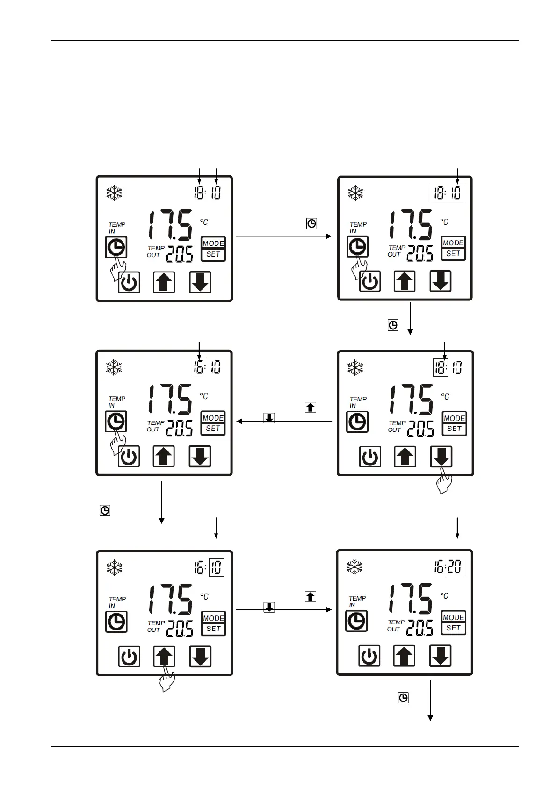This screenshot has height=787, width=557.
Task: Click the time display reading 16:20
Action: coord(449,567)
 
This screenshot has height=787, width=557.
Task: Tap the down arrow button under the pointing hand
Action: coord(441,457)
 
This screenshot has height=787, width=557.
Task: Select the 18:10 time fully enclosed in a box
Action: coord(447,193)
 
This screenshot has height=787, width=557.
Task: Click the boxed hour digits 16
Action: coord(199,367)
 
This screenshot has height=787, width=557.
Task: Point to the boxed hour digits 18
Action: coord(441,367)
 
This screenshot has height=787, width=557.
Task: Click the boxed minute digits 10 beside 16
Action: coord(217,568)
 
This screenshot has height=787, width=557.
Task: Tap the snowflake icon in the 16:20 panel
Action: coord(354,567)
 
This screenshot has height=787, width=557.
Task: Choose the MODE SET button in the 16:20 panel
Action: coord(453,622)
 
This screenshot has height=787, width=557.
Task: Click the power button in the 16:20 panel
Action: coord(369,656)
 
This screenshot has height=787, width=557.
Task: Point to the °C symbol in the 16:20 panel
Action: coord(444,596)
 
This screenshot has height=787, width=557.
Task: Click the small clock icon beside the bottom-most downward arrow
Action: coord(403,698)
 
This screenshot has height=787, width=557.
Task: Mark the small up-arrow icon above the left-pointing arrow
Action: coord(310,407)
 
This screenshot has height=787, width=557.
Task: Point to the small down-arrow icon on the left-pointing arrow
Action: coord(269,418)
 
